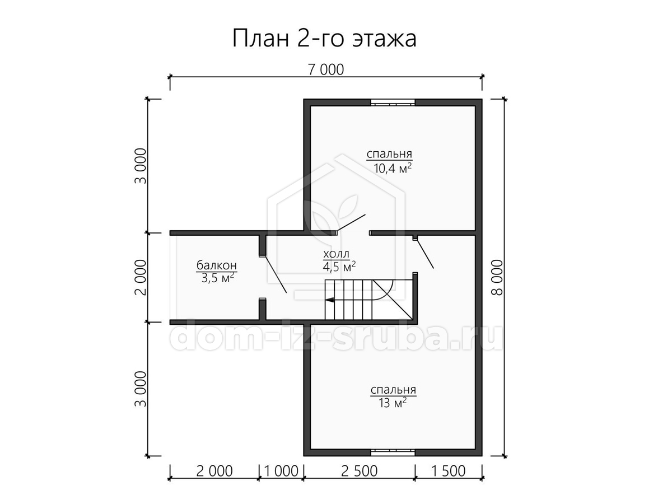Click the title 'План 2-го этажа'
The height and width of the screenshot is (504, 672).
[x=324, y=39]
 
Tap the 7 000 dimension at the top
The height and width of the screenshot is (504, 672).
[x=326, y=70]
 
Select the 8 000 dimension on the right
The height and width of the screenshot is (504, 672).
[x=497, y=278]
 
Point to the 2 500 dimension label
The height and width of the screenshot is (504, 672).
[x=359, y=471]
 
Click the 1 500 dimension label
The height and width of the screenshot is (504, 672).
[x=448, y=471]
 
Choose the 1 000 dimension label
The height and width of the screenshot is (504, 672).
[x=281, y=471]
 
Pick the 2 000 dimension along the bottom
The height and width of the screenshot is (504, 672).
[x=214, y=471]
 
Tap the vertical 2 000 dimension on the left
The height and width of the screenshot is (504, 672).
[x=141, y=277]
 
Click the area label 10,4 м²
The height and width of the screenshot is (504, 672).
[x=393, y=168]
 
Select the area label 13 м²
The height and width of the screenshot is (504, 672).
[x=393, y=403]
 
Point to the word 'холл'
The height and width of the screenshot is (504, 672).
[x=336, y=254]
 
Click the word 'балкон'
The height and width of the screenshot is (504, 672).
[x=217, y=265]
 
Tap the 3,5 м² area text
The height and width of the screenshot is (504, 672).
[x=218, y=278]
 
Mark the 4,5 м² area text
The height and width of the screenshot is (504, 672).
[x=339, y=267]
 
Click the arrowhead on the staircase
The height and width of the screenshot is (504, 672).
[x=329, y=300]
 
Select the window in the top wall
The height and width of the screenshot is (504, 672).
[x=393, y=102]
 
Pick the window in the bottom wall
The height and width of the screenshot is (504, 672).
[x=393, y=452]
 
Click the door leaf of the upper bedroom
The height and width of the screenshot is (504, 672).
[x=351, y=222]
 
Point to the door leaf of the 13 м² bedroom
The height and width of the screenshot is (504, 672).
[x=425, y=254]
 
